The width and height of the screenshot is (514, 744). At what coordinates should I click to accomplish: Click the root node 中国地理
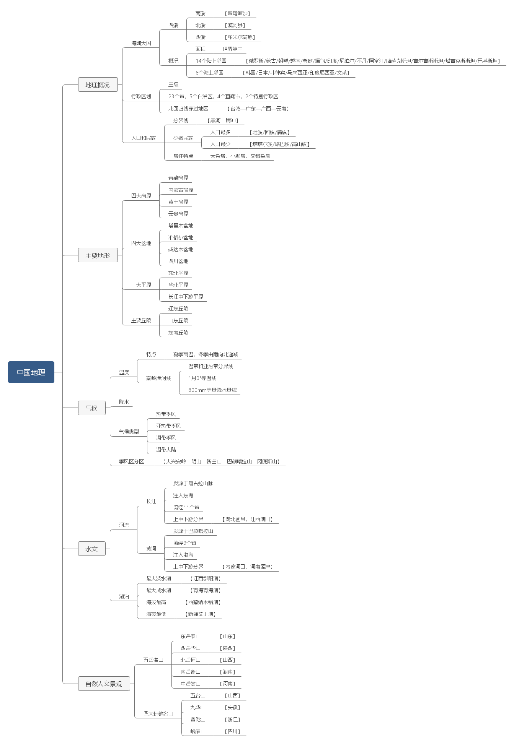[x=31, y=372]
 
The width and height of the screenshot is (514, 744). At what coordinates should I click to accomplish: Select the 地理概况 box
[x=98, y=84]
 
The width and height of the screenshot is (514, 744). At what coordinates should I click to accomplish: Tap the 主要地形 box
[x=98, y=255]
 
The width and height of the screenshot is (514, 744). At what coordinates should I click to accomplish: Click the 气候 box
[x=91, y=408]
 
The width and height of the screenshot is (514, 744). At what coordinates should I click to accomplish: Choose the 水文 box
[x=91, y=549]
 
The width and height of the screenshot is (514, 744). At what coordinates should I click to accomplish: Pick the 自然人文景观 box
[x=104, y=683]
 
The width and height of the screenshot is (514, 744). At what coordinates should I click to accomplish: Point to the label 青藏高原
[x=178, y=178]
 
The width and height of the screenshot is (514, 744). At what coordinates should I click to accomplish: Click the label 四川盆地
[x=178, y=261]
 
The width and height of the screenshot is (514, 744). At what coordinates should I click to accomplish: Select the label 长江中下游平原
[x=186, y=297]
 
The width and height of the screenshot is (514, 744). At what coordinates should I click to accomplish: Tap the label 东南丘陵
[x=178, y=333]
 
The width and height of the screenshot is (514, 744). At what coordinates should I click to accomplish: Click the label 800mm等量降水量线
[x=212, y=390]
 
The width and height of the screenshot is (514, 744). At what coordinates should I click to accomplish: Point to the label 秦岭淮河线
[x=158, y=378]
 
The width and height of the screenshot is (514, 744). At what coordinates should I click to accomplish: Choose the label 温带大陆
[x=166, y=450]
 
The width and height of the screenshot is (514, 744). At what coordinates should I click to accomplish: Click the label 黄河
[x=151, y=549]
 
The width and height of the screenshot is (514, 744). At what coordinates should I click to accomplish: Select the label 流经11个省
[x=186, y=507]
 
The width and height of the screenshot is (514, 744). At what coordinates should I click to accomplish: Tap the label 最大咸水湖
[x=158, y=590]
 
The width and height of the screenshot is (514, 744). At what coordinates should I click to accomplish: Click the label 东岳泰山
[x=191, y=636]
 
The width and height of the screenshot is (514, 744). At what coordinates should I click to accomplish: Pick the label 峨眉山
[x=198, y=731]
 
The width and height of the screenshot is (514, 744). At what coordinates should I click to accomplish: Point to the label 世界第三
[x=233, y=49]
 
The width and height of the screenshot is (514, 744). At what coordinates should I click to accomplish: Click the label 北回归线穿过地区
[x=188, y=109]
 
